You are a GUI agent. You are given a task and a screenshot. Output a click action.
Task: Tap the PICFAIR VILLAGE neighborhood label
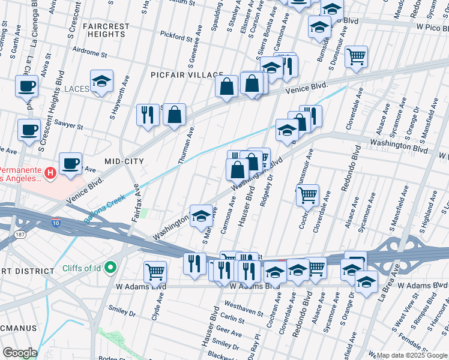(x=188, y=75)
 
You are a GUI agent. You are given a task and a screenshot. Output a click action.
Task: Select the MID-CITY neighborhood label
(x=124, y=161)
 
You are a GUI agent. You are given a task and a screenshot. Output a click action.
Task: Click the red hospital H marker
(x=51, y=173)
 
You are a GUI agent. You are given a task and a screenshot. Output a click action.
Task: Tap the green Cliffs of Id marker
(x=110, y=267)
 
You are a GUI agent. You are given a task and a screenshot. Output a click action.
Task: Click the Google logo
(x=19, y=353)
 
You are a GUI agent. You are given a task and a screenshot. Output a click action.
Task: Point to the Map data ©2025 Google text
(x=412, y=355)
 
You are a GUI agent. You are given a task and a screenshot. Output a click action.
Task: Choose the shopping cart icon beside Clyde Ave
(x=155, y=272)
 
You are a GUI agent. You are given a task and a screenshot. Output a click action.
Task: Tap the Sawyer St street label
(x=70, y=126)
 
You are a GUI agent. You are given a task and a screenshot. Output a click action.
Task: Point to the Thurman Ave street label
(x=186, y=145)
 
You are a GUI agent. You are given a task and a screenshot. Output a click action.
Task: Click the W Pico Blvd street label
(x=424, y=28)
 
